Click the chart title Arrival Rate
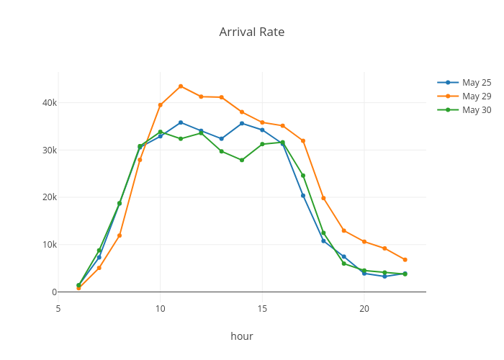251,32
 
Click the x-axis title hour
242,336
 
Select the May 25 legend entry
476,82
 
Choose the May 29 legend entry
476,96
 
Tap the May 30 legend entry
476,109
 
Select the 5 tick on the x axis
58,308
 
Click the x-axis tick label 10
160,308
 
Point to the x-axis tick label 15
262,308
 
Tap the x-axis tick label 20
364,308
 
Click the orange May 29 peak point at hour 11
181,86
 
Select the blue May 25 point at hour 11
181,122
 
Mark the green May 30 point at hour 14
242,160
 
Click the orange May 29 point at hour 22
405,259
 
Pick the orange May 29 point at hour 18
323,198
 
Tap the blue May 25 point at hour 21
384,276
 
